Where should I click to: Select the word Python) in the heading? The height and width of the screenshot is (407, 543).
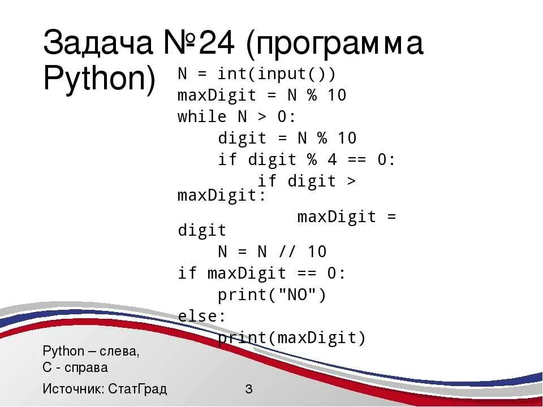pyautogui.click(x=99, y=80)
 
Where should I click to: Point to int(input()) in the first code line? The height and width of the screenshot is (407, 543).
pyautogui.click(x=277, y=74)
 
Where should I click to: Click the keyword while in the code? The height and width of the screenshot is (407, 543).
pyautogui.click(x=202, y=117)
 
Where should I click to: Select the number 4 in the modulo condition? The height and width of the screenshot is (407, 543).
pyautogui.click(x=332, y=160)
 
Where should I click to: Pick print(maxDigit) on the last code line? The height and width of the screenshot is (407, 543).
pyautogui.click(x=292, y=338)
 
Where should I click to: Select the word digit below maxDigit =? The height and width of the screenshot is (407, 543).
pyautogui.click(x=202, y=230)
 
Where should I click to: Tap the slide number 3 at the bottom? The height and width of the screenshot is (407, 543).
pyautogui.click(x=249, y=389)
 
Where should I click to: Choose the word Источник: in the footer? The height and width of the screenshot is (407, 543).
pyautogui.click(x=73, y=389)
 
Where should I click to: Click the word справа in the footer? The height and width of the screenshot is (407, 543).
pyautogui.click(x=85, y=367)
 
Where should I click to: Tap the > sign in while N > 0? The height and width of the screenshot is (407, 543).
pyautogui.click(x=262, y=117)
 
